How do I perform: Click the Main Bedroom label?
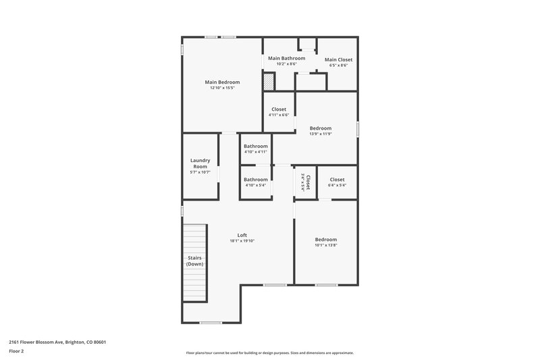click(x=222, y=82)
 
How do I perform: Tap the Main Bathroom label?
click(x=286, y=58)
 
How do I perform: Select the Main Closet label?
click(x=338, y=59)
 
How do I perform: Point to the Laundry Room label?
click(x=200, y=163)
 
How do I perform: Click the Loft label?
click(x=242, y=235)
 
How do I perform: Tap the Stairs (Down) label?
click(x=194, y=261)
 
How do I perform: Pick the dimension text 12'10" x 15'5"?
click(x=222, y=88)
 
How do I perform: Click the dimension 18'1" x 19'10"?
click(x=242, y=241)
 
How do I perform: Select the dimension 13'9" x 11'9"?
click(x=321, y=134)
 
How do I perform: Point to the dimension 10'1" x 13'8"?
click(x=326, y=245)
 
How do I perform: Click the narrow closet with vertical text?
click(x=306, y=182)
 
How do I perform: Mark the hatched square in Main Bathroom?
click(x=269, y=82)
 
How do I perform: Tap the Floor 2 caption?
click(x=16, y=351)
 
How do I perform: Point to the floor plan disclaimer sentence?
click(x=269, y=353)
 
